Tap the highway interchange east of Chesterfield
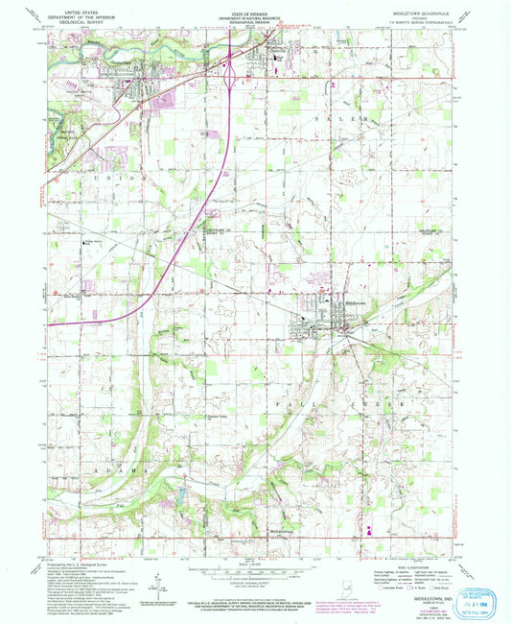click(231, 68)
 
